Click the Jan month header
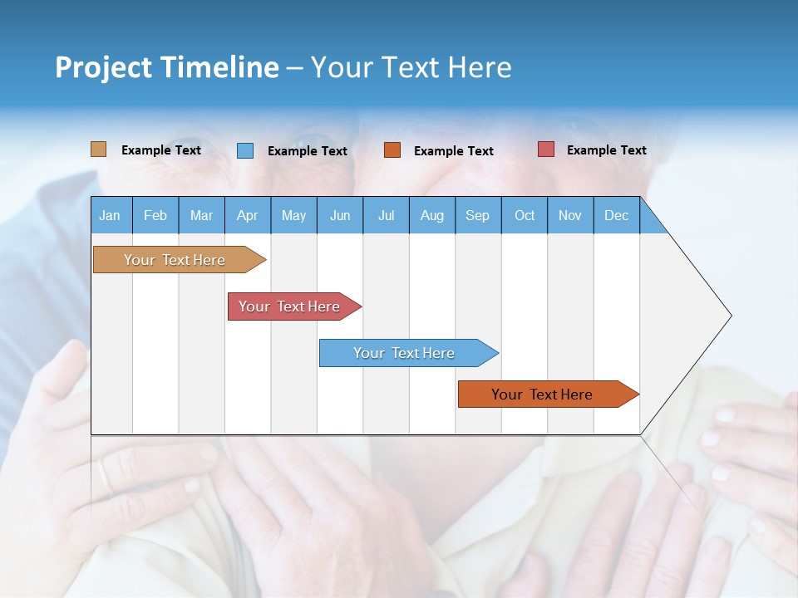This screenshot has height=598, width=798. (x=111, y=215)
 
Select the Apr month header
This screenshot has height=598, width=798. (x=248, y=215)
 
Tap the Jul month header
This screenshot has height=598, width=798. (x=387, y=215)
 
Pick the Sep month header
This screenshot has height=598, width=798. (x=478, y=215)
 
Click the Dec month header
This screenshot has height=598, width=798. (x=617, y=215)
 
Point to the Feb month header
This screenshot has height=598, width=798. (x=155, y=215)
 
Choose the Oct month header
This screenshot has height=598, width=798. (x=525, y=215)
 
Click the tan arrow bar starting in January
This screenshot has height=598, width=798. (x=175, y=260)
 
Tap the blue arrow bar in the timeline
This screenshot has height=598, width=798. (x=404, y=353)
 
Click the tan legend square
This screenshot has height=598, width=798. (x=98, y=149)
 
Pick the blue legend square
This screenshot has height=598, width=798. (x=245, y=150)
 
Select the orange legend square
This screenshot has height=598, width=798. (x=392, y=150)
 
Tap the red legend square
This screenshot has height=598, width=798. (x=545, y=149)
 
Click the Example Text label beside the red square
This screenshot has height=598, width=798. (x=606, y=150)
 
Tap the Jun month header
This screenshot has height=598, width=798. (x=340, y=215)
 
